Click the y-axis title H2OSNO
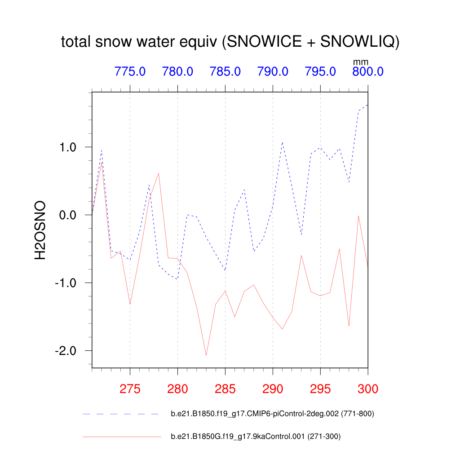(x=41, y=230)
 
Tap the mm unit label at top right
(x=360, y=62)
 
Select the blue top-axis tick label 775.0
(x=130, y=71)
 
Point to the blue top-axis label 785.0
(x=225, y=71)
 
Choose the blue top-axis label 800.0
(x=367, y=71)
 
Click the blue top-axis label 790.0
(x=273, y=71)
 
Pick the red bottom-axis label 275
(x=130, y=389)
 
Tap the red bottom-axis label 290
(x=273, y=389)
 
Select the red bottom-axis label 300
(x=368, y=389)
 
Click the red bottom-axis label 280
(x=177, y=389)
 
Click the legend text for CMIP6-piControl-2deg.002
(x=272, y=414)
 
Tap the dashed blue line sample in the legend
(x=121, y=414)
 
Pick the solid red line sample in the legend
(x=121, y=436)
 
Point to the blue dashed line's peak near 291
(x=282, y=142)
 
